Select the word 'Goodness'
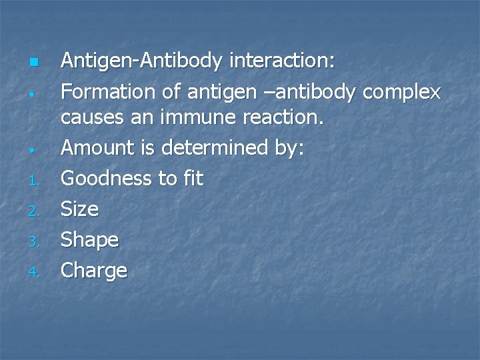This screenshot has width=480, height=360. (107, 178)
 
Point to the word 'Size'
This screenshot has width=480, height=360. (80, 209)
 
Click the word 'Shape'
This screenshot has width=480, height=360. (90, 240)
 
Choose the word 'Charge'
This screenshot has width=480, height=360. (94, 271)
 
